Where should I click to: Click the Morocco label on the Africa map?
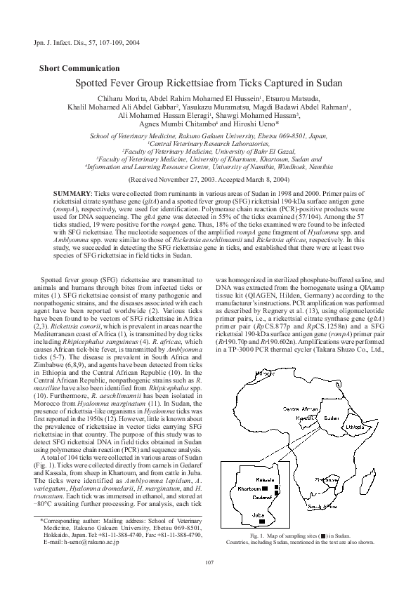coord(264,374)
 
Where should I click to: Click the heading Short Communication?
coord(79,68)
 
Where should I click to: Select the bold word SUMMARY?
coord(72,192)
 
